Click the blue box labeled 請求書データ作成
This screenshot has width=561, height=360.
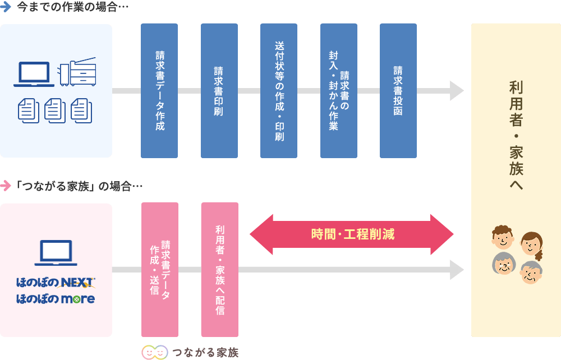(159, 90)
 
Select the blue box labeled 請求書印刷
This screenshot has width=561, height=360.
(219, 90)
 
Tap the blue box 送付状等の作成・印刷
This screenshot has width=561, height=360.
(279, 90)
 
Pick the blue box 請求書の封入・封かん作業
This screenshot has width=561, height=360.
(338, 90)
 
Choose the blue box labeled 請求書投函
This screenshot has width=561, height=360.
(398, 90)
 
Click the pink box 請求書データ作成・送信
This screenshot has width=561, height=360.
(159, 269)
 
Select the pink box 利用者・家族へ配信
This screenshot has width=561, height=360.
(219, 269)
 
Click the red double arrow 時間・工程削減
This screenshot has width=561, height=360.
(352, 234)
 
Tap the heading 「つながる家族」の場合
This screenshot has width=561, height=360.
(78, 186)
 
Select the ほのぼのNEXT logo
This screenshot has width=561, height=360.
(56, 282)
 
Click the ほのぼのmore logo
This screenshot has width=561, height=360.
(56, 299)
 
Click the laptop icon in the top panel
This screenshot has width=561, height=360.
(34, 74)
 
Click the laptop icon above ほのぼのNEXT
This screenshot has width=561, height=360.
(56, 253)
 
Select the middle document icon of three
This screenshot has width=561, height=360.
(55, 110)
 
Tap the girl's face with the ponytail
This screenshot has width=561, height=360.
(531, 243)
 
